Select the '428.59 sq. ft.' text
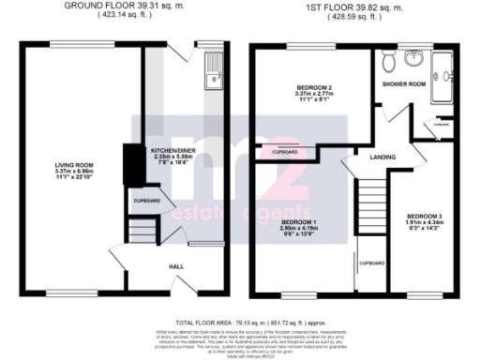(x=355, y=16)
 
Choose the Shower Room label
(x=413, y=83)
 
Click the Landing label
(x=381, y=157)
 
